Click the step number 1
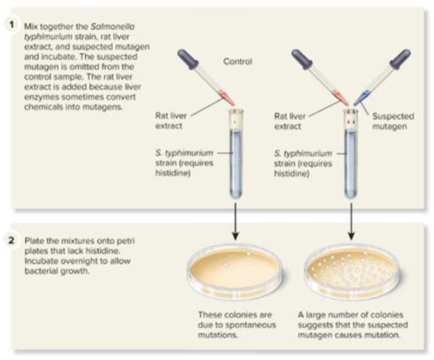pos(11,25)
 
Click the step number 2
pos(11,240)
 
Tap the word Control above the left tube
pos(237,61)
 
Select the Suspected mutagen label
pos(393,121)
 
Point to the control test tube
pos(236,154)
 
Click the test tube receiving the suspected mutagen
pos(351,154)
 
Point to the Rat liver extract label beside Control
pos(171,121)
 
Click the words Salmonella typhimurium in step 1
pos(80,31)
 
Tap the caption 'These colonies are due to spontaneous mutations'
pos(237,325)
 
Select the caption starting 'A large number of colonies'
pos(353,325)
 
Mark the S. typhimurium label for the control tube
pos(184,163)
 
